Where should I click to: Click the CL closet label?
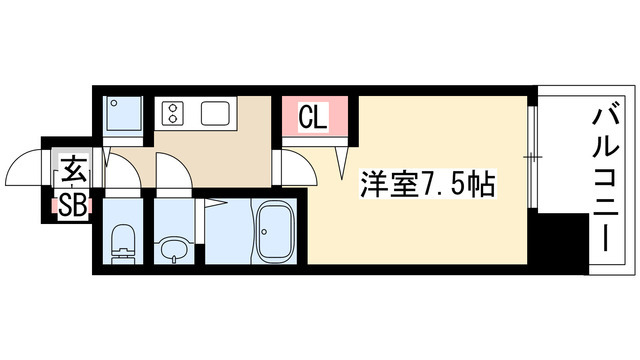tap(314, 119)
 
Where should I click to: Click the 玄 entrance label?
tap(73, 168)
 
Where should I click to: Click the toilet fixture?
tap(124, 243)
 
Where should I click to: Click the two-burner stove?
tap(171, 113)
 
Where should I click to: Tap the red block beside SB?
tap(48, 206)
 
